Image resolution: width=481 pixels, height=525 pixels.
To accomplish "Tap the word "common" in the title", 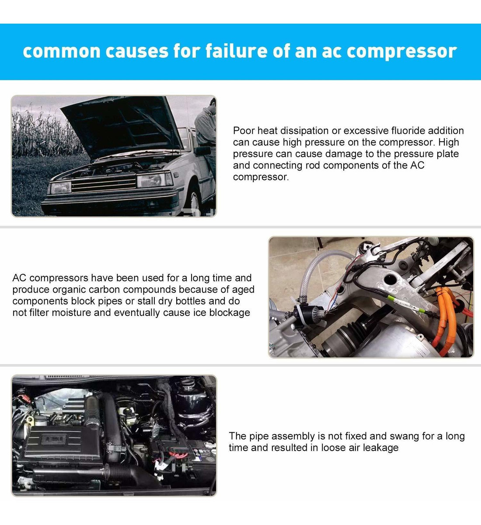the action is point(62,51).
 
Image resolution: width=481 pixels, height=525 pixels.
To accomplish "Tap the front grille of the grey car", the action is point(104,183).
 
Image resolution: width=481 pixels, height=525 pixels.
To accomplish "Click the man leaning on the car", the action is point(206,139).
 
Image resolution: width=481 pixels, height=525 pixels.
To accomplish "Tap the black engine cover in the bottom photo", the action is point(63,443).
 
